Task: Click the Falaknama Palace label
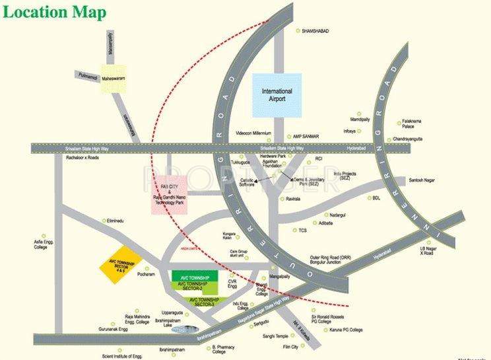[x=413, y=124]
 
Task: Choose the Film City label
[x=290, y=347]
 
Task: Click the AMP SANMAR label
[x=306, y=136]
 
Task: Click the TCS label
[x=303, y=231]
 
